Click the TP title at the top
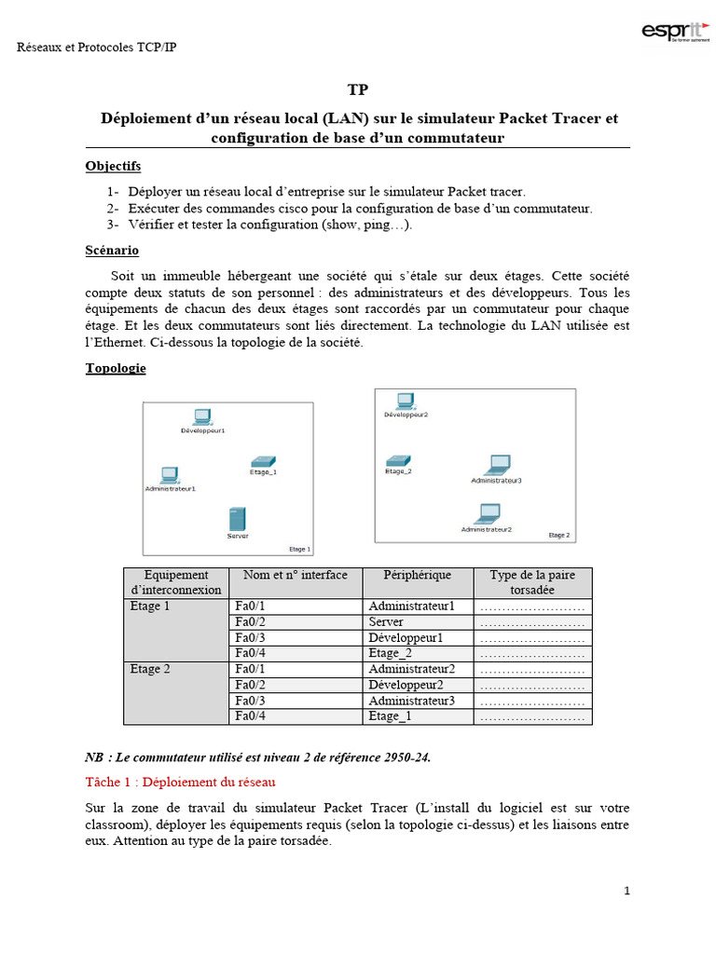click(x=358, y=90)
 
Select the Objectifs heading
click(x=113, y=166)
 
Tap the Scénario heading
click(x=112, y=251)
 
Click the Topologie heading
click(x=116, y=368)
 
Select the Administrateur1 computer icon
click(x=169, y=474)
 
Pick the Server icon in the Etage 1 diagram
click(x=237, y=519)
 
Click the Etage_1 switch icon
click(x=263, y=461)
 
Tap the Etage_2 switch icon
click(x=398, y=460)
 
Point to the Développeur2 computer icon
click(x=405, y=401)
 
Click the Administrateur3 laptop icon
click(x=498, y=464)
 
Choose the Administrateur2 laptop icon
click(x=487, y=512)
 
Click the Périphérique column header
click(x=409, y=575)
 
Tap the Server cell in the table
click(x=385, y=621)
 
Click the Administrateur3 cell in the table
click(x=411, y=701)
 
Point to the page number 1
click(x=626, y=891)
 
